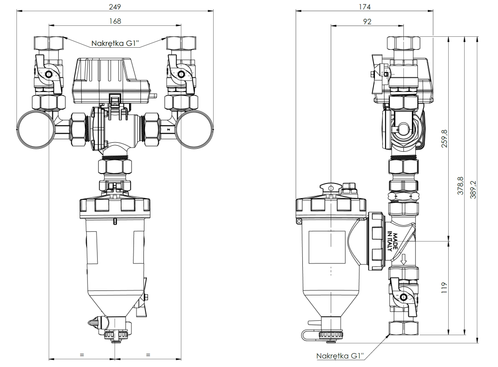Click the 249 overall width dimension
point(115,7)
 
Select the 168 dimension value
point(115,21)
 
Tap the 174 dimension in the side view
point(365,7)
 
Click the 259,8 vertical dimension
point(445,139)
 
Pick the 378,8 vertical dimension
point(460,185)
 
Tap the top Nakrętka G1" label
point(115,43)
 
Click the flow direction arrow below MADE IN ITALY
point(404,259)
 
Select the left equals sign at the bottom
point(82,354)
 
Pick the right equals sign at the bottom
point(148,354)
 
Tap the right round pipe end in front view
point(195,129)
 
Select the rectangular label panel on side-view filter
point(327,247)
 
